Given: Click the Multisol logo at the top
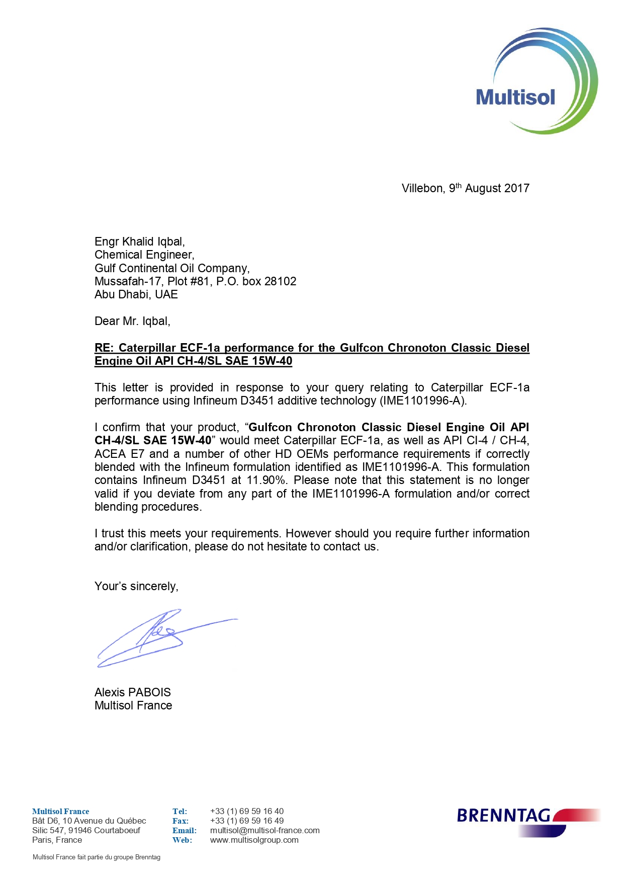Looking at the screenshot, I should click(x=536, y=82).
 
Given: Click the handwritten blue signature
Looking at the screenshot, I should click(x=156, y=638).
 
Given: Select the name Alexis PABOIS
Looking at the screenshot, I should click(x=133, y=692).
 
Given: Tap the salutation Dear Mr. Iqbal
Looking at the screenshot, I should click(x=132, y=322).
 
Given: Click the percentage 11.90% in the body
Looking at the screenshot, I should click(x=266, y=480).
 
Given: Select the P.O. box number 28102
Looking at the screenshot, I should click(x=280, y=282).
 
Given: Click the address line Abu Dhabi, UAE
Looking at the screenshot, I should click(x=136, y=295).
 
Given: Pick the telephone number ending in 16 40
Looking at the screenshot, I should click(x=247, y=811).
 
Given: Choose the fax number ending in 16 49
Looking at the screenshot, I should click(x=247, y=821).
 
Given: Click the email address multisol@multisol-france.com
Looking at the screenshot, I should click(x=264, y=830).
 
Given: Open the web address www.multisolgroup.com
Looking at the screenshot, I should click(x=254, y=840).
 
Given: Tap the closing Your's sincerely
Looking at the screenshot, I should click(x=136, y=587).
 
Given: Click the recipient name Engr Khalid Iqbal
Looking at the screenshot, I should click(x=139, y=242).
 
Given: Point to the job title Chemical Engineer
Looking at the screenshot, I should click(x=144, y=255).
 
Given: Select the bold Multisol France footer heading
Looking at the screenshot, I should click(x=60, y=811).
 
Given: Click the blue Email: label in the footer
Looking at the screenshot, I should click(x=184, y=830).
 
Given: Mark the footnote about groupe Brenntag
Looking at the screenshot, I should click(x=97, y=857).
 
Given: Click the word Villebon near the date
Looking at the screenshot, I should click(x=423, y=189).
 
